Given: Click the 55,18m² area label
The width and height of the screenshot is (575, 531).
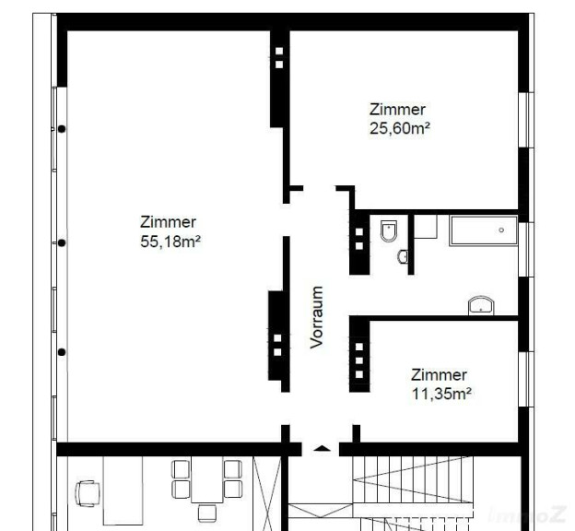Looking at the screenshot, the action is (170, 242).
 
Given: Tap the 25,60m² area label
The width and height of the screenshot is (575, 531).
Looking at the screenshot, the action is (400, 128).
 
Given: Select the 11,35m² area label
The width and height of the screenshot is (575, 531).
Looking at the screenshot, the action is (441, 394).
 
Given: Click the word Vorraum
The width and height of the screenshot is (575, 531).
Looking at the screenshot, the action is (316, 317).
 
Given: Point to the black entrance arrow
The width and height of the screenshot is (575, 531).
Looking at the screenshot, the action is (322, 448).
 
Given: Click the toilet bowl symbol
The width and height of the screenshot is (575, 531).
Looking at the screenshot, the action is (389, 230).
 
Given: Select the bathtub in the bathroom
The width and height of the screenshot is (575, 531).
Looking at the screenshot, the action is (484, 230).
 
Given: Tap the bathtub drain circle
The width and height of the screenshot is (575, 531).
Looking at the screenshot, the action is (501, 230).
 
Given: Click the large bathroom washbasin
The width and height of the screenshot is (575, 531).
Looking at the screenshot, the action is (481, 305).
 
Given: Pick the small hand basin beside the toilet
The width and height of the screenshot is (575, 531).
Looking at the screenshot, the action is (403, 256).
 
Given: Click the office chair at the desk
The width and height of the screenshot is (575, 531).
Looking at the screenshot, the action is (88, 493).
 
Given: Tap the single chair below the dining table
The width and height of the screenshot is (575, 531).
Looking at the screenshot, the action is (206, 513).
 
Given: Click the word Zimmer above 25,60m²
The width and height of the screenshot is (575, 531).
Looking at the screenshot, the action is (397, 110).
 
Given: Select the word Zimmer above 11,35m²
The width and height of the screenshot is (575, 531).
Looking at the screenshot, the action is (439, 374).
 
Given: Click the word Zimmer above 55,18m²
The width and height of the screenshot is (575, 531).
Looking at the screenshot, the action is (168, 222).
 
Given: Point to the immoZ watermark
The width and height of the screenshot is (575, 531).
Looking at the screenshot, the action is (527, 514).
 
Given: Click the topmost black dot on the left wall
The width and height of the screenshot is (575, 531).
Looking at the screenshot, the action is (62, 129).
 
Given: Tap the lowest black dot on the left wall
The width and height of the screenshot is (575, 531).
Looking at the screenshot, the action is (62, 352).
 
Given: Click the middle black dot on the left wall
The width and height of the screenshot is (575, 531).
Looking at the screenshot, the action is (62, 243).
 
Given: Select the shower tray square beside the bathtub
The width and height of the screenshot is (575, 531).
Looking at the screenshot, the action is (426, 227).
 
